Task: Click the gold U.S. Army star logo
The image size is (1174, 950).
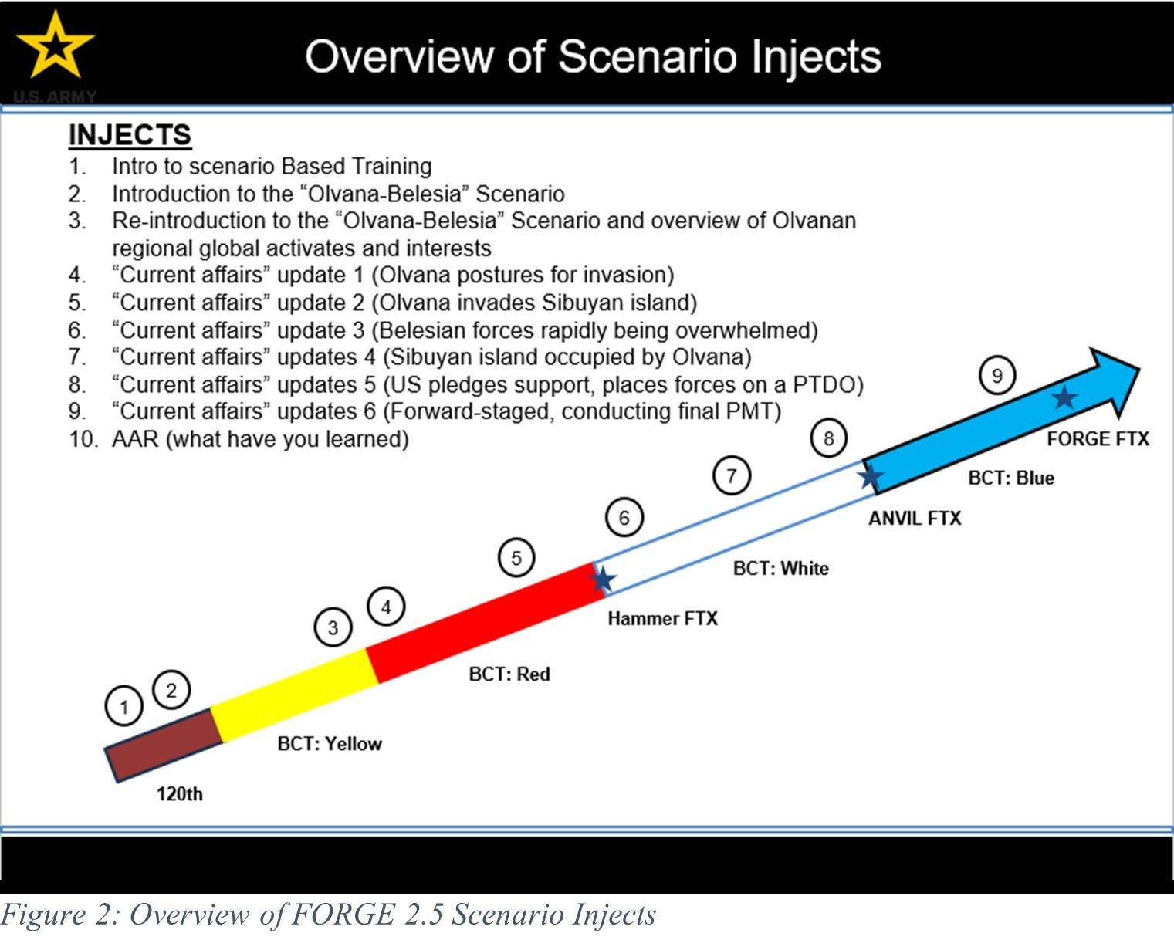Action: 55,46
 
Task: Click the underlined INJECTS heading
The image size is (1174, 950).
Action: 130,135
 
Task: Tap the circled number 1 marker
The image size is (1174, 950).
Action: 124,706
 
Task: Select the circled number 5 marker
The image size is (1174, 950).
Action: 516,557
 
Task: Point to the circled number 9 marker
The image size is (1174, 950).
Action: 997,375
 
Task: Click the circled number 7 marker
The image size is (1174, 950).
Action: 732,475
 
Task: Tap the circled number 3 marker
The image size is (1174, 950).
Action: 333,627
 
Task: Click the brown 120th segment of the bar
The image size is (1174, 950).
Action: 164,745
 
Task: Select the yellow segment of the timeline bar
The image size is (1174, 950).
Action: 294,695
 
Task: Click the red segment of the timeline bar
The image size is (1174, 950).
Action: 485,623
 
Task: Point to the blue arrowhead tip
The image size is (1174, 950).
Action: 1138,368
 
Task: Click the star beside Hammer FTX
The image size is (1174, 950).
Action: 603,580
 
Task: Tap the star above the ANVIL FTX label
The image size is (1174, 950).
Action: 871,475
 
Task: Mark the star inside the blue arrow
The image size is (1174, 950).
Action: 1064,397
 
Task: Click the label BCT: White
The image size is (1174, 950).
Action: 780,568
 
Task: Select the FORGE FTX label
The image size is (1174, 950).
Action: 1098,438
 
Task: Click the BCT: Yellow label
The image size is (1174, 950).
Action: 330,743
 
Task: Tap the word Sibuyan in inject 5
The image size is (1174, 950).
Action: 579,303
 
